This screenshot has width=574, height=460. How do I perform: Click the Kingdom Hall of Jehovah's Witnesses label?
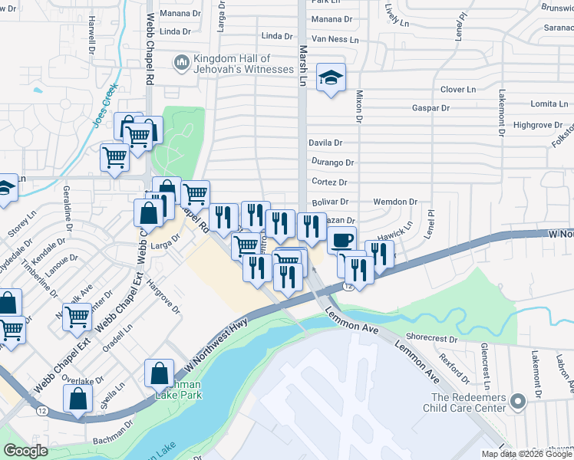coord(243,64)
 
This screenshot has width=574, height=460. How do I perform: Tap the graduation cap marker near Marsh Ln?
coord(331,78)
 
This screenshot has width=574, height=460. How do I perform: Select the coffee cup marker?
coord(341,240)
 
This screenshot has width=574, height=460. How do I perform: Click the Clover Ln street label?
coord(458,90)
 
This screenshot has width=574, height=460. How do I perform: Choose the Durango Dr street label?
coord(332,163)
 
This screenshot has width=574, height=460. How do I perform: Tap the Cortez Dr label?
coord(329,182)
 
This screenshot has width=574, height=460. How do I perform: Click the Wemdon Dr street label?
coord(394,202)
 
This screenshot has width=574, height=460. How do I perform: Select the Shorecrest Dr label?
coord(431,337)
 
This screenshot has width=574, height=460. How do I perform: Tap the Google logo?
coord(25,451)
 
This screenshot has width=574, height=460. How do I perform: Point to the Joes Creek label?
coord(107,105)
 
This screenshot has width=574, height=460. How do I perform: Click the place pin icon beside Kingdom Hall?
coord(182,62)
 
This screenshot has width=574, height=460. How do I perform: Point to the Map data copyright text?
coord(526,454)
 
